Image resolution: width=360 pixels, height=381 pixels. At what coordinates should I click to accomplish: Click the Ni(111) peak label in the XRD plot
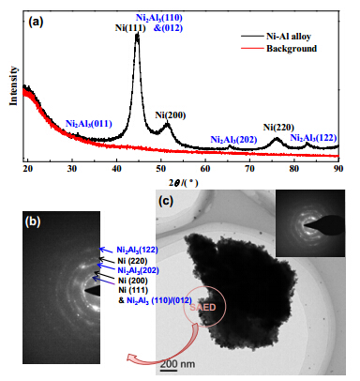[x=130, y=28]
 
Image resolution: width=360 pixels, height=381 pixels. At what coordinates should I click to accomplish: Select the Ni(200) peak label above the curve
[x=171, y=115]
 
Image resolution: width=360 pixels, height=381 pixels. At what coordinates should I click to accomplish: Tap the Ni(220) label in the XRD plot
[x=278, y=128]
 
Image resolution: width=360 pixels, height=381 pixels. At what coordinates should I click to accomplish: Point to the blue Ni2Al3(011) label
[x=89, y=124]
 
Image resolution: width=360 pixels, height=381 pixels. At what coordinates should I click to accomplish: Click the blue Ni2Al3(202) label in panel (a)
[x=233, y=140]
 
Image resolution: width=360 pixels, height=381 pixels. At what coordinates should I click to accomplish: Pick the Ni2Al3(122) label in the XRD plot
[x=313, y=138]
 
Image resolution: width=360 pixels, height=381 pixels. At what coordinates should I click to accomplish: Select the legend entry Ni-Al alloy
[x=289, y=37]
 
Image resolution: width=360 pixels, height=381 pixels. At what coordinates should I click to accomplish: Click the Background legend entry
[x=292, y=49]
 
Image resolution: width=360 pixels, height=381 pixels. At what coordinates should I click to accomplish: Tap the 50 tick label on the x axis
[x=161, y=169]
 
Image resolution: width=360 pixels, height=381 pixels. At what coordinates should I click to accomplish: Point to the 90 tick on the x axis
[x=338, y=169]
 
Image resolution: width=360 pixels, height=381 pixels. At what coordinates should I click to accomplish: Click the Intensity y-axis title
[x=13, y=85]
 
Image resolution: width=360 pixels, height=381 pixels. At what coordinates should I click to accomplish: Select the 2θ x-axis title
[x=184, y=183]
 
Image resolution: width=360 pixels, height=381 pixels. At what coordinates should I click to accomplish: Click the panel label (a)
[x=36, y=22]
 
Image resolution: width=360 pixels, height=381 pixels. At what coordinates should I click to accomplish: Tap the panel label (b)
[x=33, y=221]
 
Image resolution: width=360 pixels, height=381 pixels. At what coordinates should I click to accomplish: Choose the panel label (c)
[x=166, y=201]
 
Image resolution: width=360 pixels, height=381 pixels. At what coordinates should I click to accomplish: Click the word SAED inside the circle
[x=202, y=307]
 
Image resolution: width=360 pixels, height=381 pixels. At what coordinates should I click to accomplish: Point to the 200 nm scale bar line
[x=169, y=371]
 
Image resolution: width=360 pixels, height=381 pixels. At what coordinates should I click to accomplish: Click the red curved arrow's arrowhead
[x=133, y=358]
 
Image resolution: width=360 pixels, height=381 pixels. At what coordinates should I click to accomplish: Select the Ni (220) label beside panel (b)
[x=132, y=261]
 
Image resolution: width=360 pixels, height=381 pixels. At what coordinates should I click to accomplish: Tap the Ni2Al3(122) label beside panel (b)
[x=138, y=250]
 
